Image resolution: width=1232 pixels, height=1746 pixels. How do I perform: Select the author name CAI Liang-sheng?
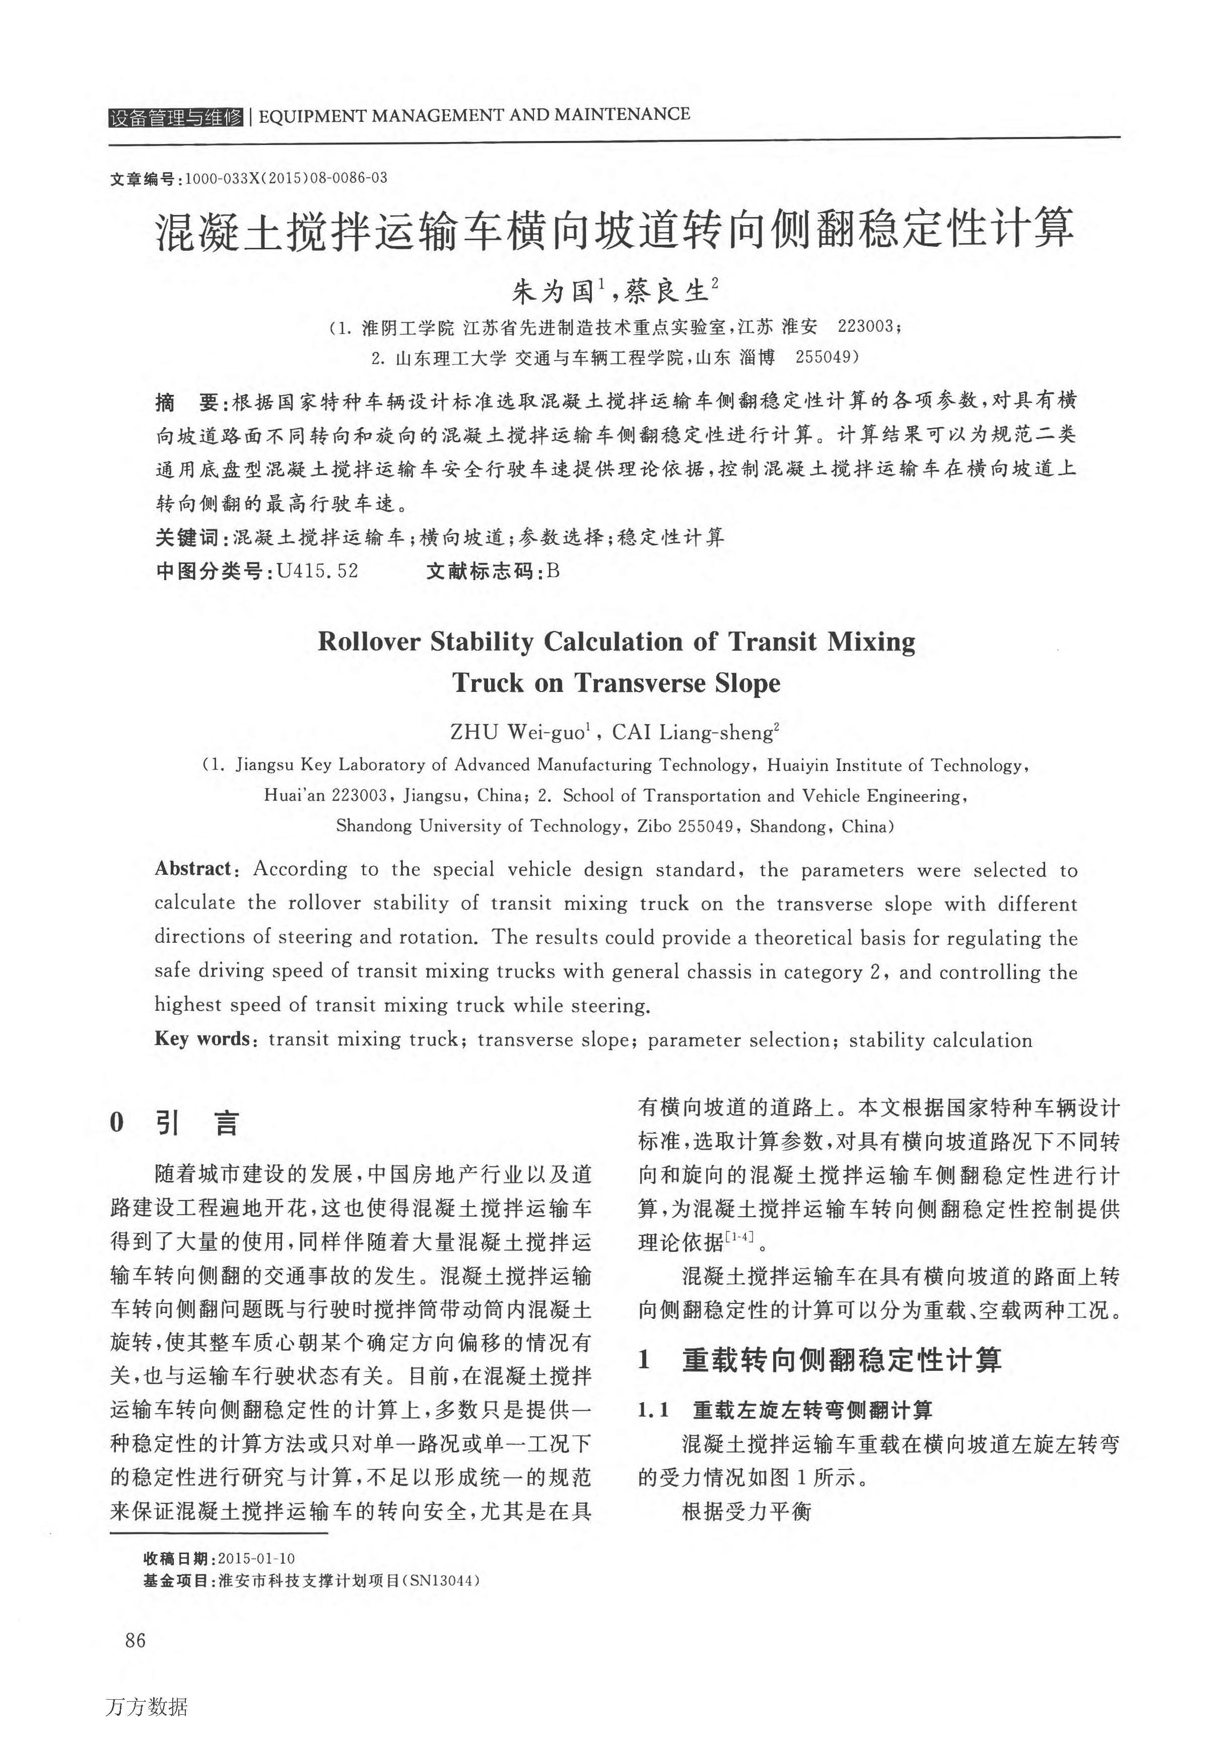click(695, 732)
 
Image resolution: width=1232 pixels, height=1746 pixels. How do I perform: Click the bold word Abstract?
click(193, 868)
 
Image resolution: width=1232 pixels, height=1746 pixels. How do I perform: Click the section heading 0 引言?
click(175, 1123)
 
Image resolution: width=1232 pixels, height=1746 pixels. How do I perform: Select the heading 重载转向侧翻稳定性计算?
click(841, 1360)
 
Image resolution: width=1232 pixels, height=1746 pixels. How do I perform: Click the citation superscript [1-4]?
click(739, 1237)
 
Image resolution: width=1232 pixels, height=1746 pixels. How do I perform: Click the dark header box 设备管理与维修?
click(176, 117)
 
